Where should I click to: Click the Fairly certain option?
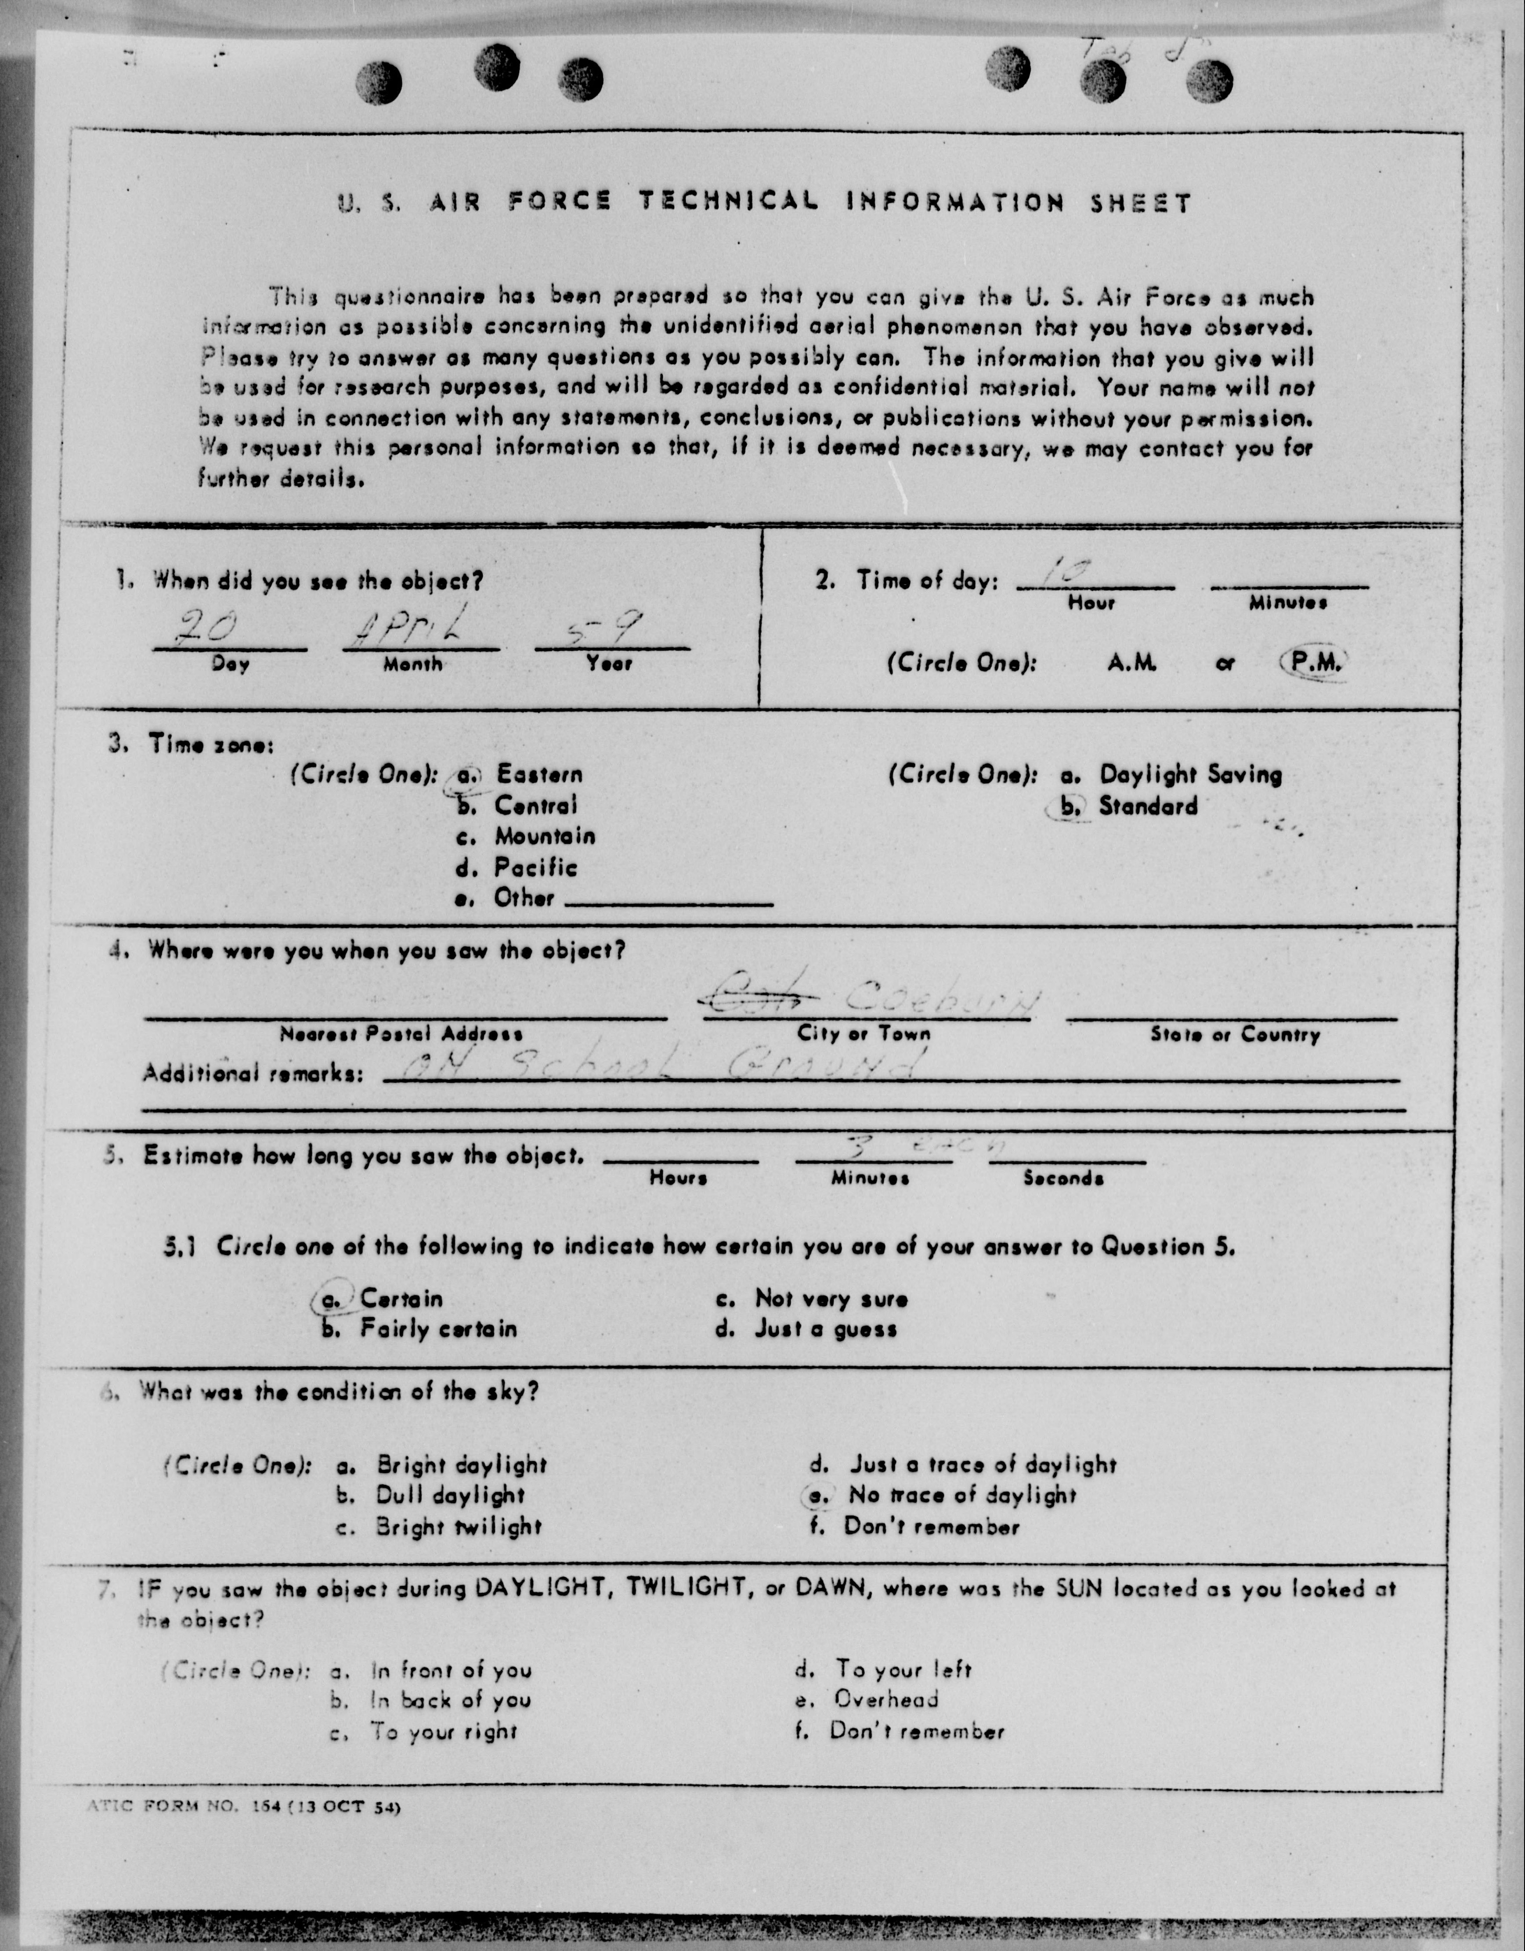pos(438,1328)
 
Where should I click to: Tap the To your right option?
pos(444,1731)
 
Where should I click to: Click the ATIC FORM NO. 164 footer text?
pos(243,1806)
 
